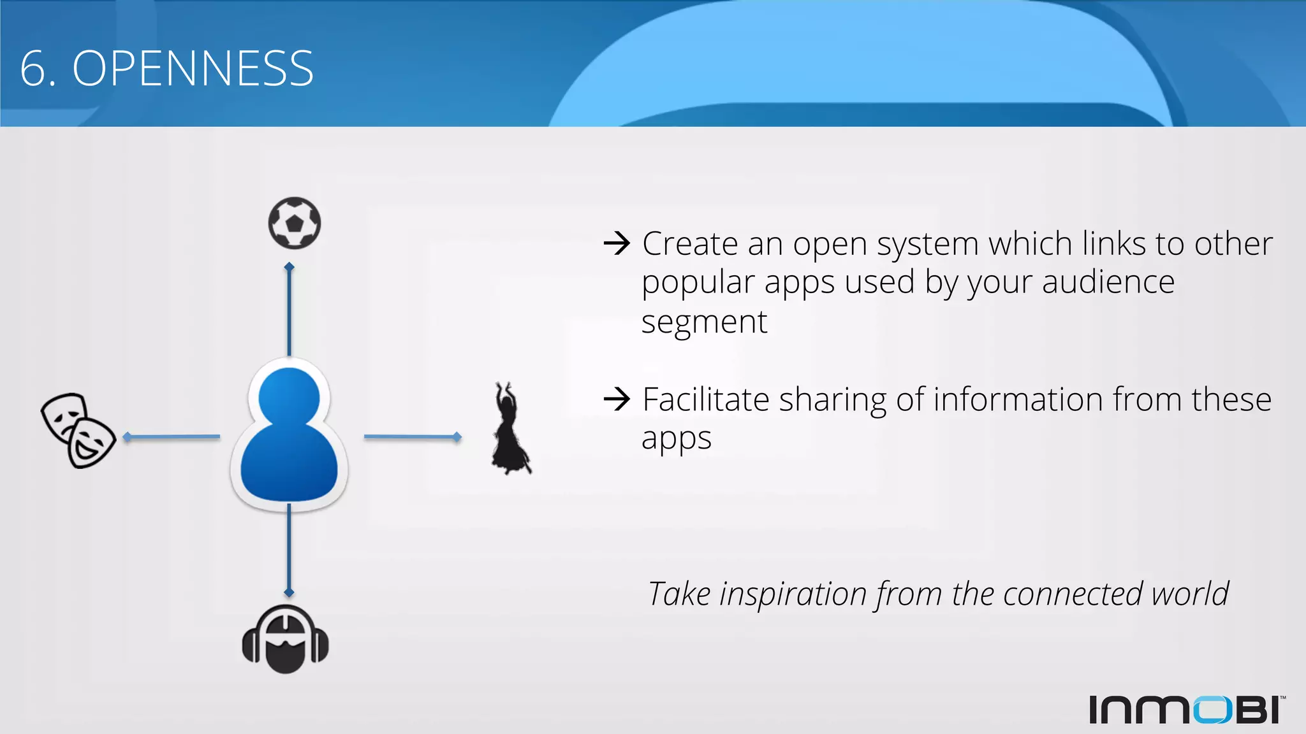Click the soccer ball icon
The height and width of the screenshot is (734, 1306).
coord(294,223)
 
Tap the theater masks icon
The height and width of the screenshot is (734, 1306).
coord(78,430)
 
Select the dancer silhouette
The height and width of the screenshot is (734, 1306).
coord(510,429)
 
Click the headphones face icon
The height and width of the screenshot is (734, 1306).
coord(285,639)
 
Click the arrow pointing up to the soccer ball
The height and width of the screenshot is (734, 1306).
coord(290,308)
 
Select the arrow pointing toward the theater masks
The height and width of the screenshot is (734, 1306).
coord(171,437)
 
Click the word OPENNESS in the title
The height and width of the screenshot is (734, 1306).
coord(193,69)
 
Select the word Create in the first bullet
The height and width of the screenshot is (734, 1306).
coord(690,244)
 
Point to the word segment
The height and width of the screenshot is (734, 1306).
coord(704,322)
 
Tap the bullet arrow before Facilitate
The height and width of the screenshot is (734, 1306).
coord(617,399)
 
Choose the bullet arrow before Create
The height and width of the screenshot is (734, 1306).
coord(617,243)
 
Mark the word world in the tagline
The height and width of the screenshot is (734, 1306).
coord(1190,594)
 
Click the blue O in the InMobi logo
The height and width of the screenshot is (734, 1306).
coord(1212,710)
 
